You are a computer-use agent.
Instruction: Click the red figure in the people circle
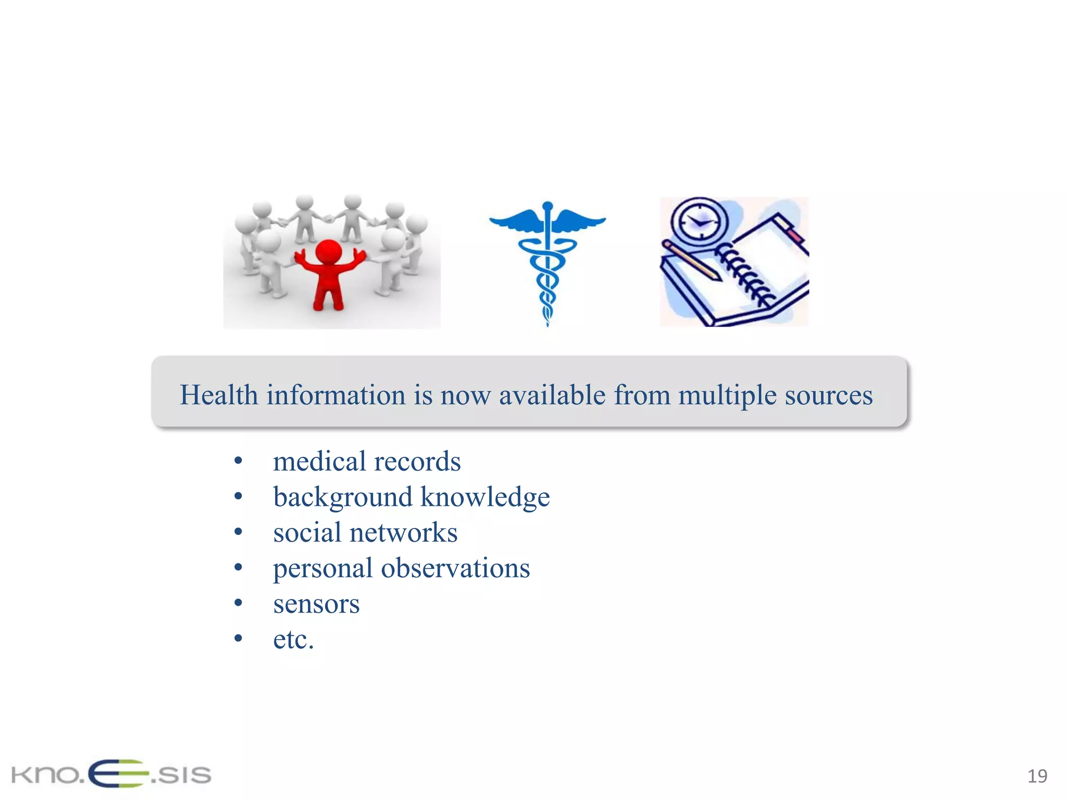click(328, 271)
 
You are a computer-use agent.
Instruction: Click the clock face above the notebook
click(698, 221)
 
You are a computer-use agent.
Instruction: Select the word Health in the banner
click(219, 395)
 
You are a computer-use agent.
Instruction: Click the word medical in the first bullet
click(319, 461)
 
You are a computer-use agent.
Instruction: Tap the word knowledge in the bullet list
click(485, 497)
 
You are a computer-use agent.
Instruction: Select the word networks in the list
click(403, 533)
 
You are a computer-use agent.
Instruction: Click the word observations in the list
click(455, 568)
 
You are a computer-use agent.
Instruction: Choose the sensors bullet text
click(316, 604)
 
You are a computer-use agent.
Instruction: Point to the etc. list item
click(293, 640)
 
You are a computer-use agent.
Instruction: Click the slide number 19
click(1037, 776)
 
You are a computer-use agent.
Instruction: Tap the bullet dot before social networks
click(238, 532)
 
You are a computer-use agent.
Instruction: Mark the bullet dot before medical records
click(238, 461)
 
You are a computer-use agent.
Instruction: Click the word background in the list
click(342, 497)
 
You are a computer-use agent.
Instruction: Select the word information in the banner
click(336, 395)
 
